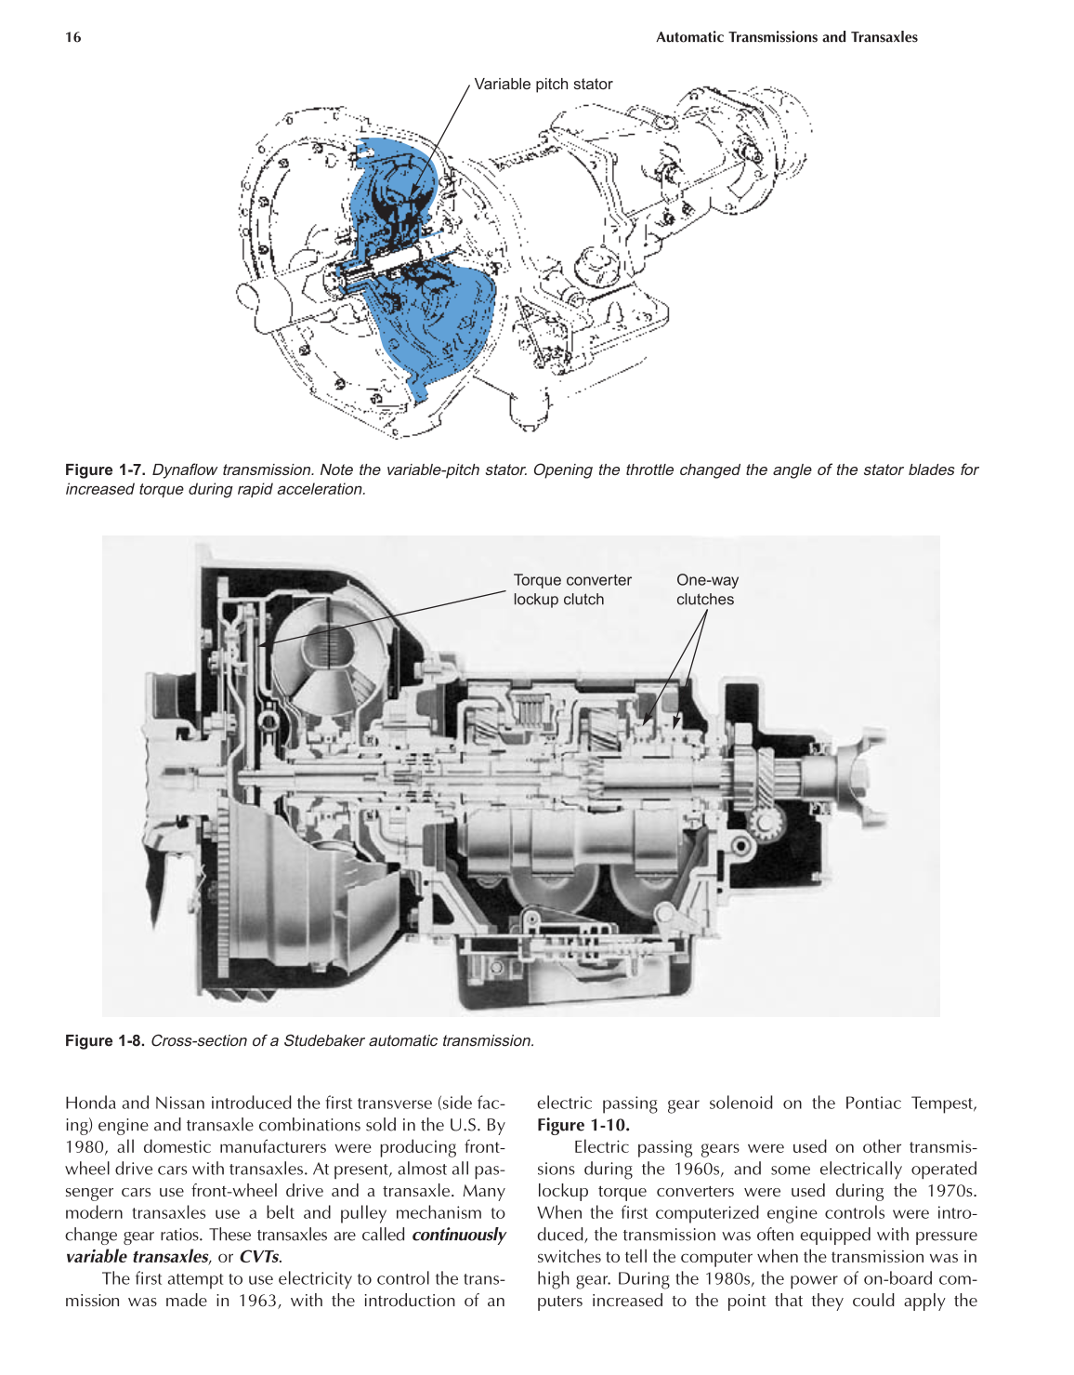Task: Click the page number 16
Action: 72,37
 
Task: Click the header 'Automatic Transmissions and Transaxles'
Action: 786,37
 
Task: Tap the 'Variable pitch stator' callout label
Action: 544,84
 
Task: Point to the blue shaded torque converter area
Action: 423,307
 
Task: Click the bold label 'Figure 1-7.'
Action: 105,469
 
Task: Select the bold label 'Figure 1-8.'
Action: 105,1040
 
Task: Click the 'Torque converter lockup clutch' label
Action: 571,589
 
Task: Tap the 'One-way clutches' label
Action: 707,589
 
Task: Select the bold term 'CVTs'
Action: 259,1257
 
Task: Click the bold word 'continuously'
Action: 458,1235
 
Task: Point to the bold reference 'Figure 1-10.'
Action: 583,1125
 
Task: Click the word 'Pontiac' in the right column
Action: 872,1103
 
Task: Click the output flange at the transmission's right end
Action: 859,776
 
